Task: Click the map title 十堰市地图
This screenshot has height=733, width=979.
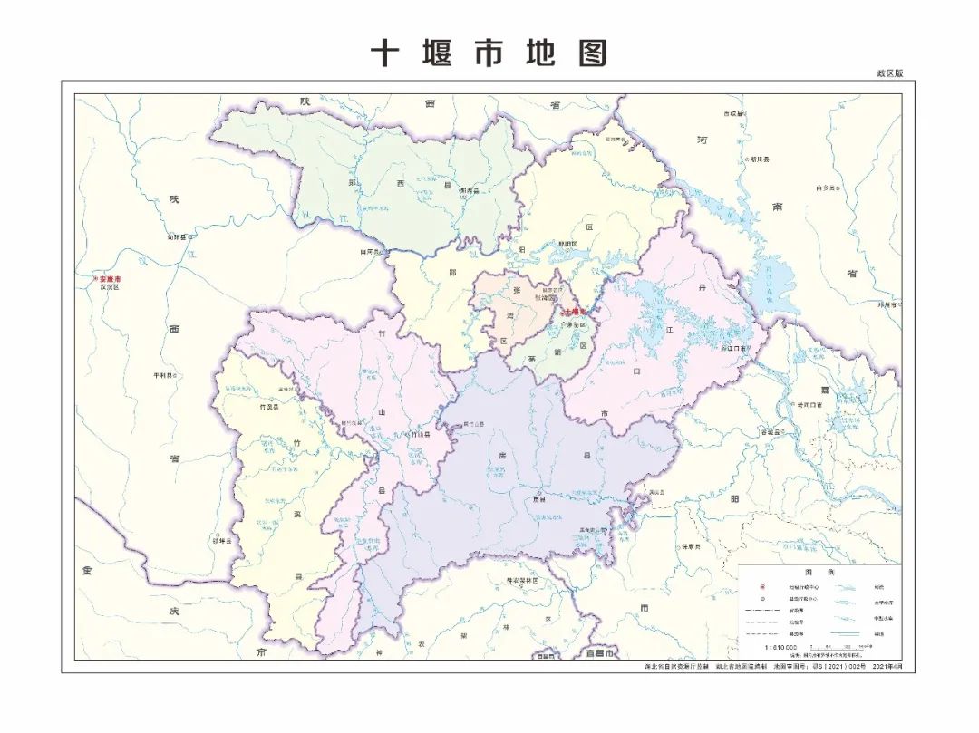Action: click(489, 53)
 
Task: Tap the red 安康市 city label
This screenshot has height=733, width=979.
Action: click(110, 279)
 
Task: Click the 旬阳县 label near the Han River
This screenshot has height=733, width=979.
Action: click(179, 237)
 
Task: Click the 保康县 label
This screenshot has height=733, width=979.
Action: click(693, 546)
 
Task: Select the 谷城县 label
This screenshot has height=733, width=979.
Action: click(771, 432)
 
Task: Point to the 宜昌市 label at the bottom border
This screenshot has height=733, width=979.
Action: click(599, 652)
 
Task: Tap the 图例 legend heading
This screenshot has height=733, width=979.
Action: click(812, 573)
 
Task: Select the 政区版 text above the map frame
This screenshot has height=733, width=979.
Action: click(889, 73)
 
